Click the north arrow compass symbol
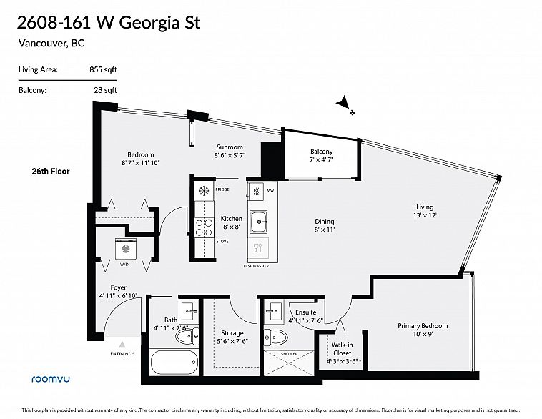click(x=344, y=104)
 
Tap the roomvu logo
click(x=51, y=379)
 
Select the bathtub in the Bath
click(x=174, y=362)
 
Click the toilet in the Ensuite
click(x=276, y=337)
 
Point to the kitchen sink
click(x=259, y=222)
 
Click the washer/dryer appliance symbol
click(x=126, y=249)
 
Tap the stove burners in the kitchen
click(x=204, y=227)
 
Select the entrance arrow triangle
click(x=122, y=345)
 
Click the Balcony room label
click(x=322, y=152)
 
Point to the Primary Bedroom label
click(x=423, y=325)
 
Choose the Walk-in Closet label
click(x=343, y=349)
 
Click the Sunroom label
click(x=230, y=147)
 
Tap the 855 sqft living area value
click(x=104, y=69)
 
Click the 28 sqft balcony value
click(x=105, y=90)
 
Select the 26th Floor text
click(x=51, y=171)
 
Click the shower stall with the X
click(x=289, y=363)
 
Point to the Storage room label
click(x=232, y=333)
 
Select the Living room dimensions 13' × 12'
click(x=425, y=215)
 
